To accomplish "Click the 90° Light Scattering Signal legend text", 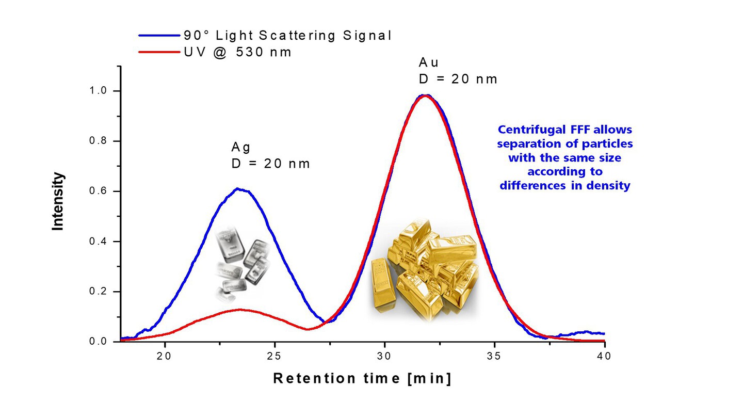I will coord(287,36).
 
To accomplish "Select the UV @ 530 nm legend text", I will coord(238,52).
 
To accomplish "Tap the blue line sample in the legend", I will coord(159,36).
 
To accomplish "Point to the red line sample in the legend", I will coord(159,52).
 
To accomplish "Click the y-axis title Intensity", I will coord(58,201).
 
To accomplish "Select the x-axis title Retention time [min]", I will coord(362,378).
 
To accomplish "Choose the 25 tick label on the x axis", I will coord(274,356).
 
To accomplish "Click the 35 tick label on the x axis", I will coord(494,356).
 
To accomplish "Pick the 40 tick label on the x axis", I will coord(604,356).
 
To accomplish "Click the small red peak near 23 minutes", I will coord(239,309).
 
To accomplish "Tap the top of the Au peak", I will coord(425,95).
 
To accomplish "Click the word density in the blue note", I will coord(611,186).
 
